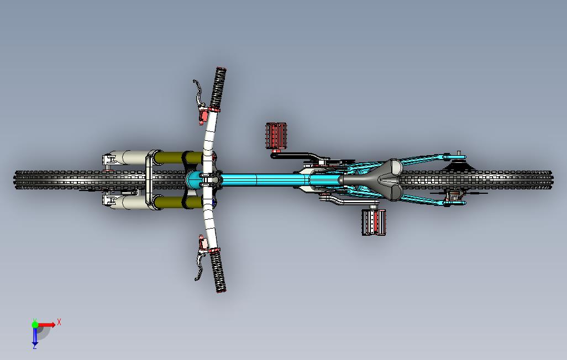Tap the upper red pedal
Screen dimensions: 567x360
pyautogui.click(x=277, y=135)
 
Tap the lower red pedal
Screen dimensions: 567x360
pyautogui.click(x=374, y=222)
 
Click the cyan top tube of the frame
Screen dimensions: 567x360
pyautogui.click(x=260, y=179)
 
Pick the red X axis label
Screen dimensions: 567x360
pyautogui.click(x=59, y=321)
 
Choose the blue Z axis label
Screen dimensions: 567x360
pyautogui.click(x=34, y=346)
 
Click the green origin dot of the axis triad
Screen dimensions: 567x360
pyautogui.click(x=35, y=325)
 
